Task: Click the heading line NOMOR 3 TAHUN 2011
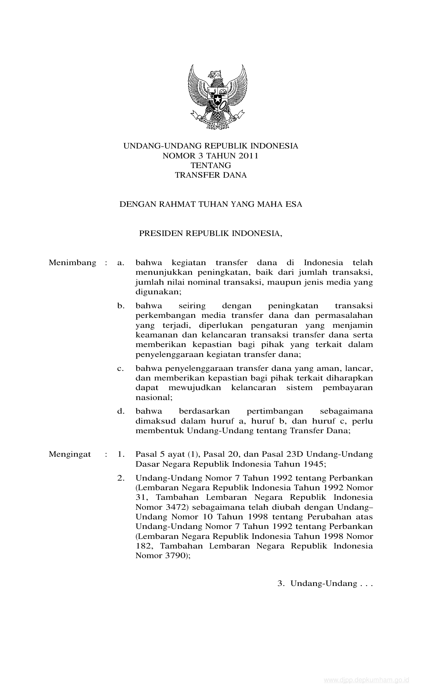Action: [x=211, y=156]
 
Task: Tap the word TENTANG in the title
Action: [x=211, y=165]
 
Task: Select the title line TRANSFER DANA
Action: [x=211, y=175]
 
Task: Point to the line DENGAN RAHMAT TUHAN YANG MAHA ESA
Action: [x=211, y=204]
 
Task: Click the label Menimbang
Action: [x=72, y=263]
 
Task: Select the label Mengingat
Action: [x=70, y=454]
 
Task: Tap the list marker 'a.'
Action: [x=120, y=263]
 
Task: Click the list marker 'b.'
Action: [x=121, y=306]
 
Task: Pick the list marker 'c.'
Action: [x=120, y=368]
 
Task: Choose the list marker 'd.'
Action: [x=121, y=411]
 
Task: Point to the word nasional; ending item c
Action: [x=154, y=397]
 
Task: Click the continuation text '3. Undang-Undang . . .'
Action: [x=325, y=593]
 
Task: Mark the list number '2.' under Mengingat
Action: [x=121, y=478]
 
